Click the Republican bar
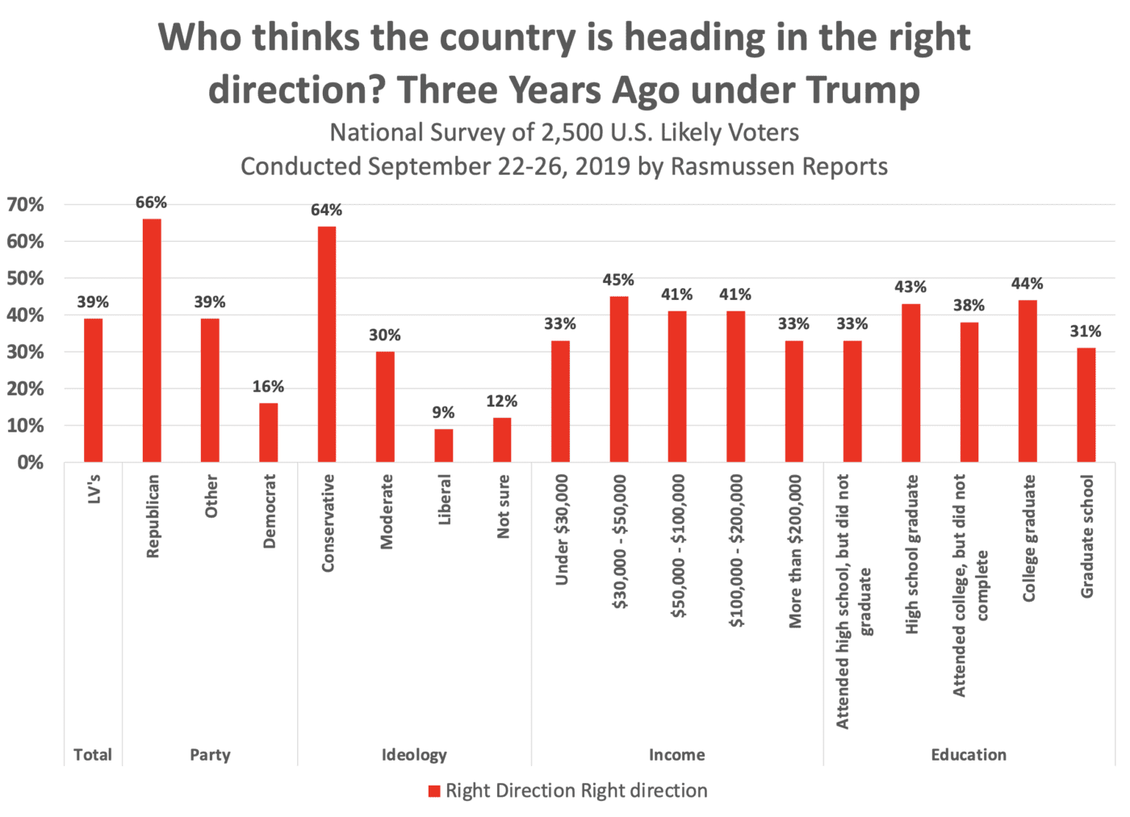(x=152, y=340)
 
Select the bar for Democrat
(x=268, y=432)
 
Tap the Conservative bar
(x=327, y=344)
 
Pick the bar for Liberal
(x=443, y=445)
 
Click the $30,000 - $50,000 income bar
(x=619, y=379)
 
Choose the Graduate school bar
(x=1086, y=405)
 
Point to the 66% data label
(x=151, y=202)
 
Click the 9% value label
(x=443, y=412)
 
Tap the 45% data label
(x=618, y=280)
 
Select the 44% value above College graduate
(x=1027, y=283)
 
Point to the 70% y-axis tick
(x=26, y=205)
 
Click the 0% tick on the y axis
(x=31, y=463)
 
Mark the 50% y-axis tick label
(x=26, y=279)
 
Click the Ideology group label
(x=414, y=755)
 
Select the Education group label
(x=969, y=755)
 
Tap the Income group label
(x=676, y=755)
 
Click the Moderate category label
(x=387, y=512)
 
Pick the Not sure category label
(x=503, y=506)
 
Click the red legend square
(x=434, y=791)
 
